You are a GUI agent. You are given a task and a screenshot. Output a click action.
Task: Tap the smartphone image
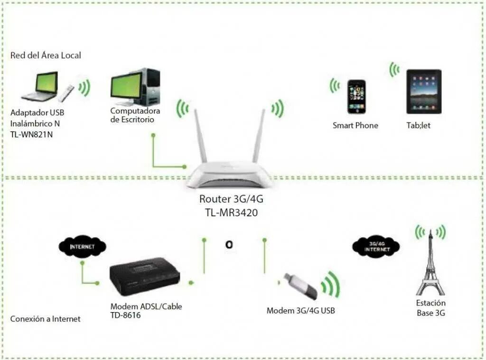pos(356,96)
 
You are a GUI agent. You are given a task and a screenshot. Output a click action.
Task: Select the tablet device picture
pos(423,91)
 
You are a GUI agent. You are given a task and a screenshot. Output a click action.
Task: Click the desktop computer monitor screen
pos(126,86)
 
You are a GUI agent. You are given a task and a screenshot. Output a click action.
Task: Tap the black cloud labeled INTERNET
pos(82,247)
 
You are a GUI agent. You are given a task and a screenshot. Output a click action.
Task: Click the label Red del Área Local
pos(46,55)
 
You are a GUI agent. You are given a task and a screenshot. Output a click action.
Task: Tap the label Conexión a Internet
pos(45,319)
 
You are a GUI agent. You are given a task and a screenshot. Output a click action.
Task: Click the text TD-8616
pos(126,314)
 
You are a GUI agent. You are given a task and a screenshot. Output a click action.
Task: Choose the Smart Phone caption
pos(355,126)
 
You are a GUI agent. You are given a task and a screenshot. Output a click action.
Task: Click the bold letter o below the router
pos(229,245)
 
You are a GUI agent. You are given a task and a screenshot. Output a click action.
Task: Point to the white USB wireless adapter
pos(66,93)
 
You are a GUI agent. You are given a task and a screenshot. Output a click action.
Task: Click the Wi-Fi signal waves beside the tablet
pos(394,70)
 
